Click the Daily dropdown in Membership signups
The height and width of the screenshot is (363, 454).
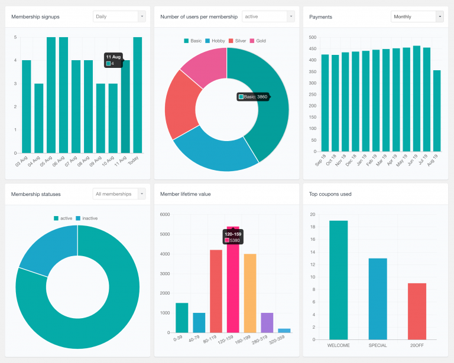(x=119, y=17)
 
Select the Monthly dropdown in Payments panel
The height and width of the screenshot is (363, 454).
(x=417, y=17)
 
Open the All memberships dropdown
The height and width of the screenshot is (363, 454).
(x=119, y=194)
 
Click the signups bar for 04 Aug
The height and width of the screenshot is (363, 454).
(x=38, y=118)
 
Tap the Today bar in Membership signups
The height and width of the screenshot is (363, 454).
(x=138, y=94)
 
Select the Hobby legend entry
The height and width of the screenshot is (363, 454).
(x=215, y=41)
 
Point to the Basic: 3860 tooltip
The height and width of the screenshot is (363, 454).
(x=253, y=97)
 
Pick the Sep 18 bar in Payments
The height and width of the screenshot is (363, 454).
(x=325, y=103)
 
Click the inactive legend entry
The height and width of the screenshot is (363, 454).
(x=86, y=218)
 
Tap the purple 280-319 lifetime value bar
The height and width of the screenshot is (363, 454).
(x=267, y=322)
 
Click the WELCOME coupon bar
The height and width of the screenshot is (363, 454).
(x=339, y=280)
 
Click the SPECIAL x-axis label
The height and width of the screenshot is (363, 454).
(x=377, y=345)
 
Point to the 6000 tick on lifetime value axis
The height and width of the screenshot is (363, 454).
(x=165, y=215)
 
